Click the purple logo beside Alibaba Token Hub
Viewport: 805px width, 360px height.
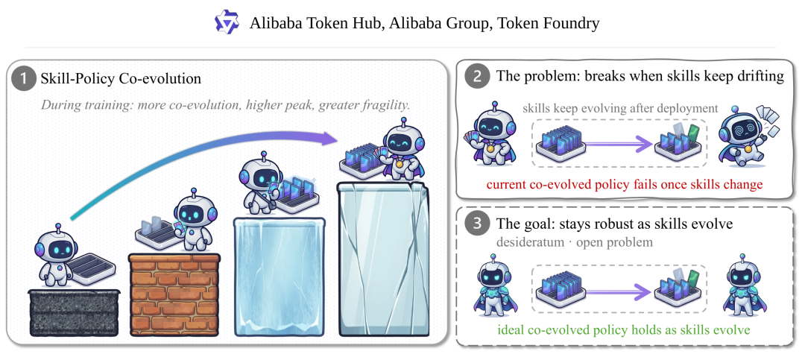[227, 22]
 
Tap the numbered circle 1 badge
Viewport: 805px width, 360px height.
[24, 79]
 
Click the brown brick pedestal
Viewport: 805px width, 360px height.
[175, 294]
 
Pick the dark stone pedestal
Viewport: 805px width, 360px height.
[75, 312]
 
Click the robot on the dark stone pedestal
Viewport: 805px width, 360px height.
[55, 256]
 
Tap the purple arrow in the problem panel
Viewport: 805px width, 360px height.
[619, 145]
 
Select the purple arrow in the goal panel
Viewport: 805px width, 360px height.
[619, 292]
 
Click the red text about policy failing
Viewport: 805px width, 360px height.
[625, 184]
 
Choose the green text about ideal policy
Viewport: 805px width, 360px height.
[624, 329]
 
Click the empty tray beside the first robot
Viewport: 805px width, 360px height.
[92, 265]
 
